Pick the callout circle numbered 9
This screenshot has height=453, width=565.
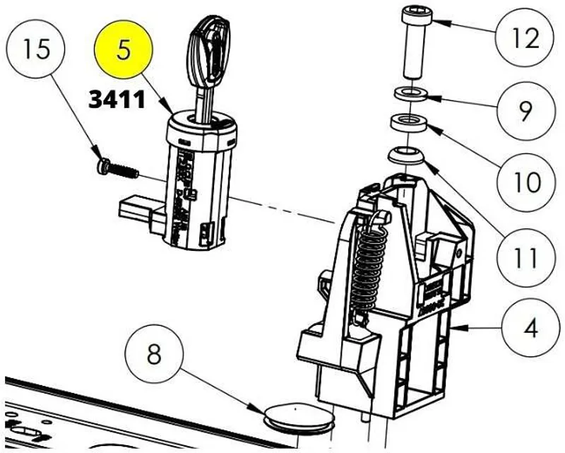pyautogui.click(x=524, y=110)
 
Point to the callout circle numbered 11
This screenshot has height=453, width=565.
pyautogui.click(x=524, y=258)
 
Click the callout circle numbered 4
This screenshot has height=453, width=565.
pyautogui.click(x=530, y=329)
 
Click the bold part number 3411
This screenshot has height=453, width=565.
pyautogui.click(x=117, y=100)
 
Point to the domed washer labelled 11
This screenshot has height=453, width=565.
pyautogui.click(x=408, y=154)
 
